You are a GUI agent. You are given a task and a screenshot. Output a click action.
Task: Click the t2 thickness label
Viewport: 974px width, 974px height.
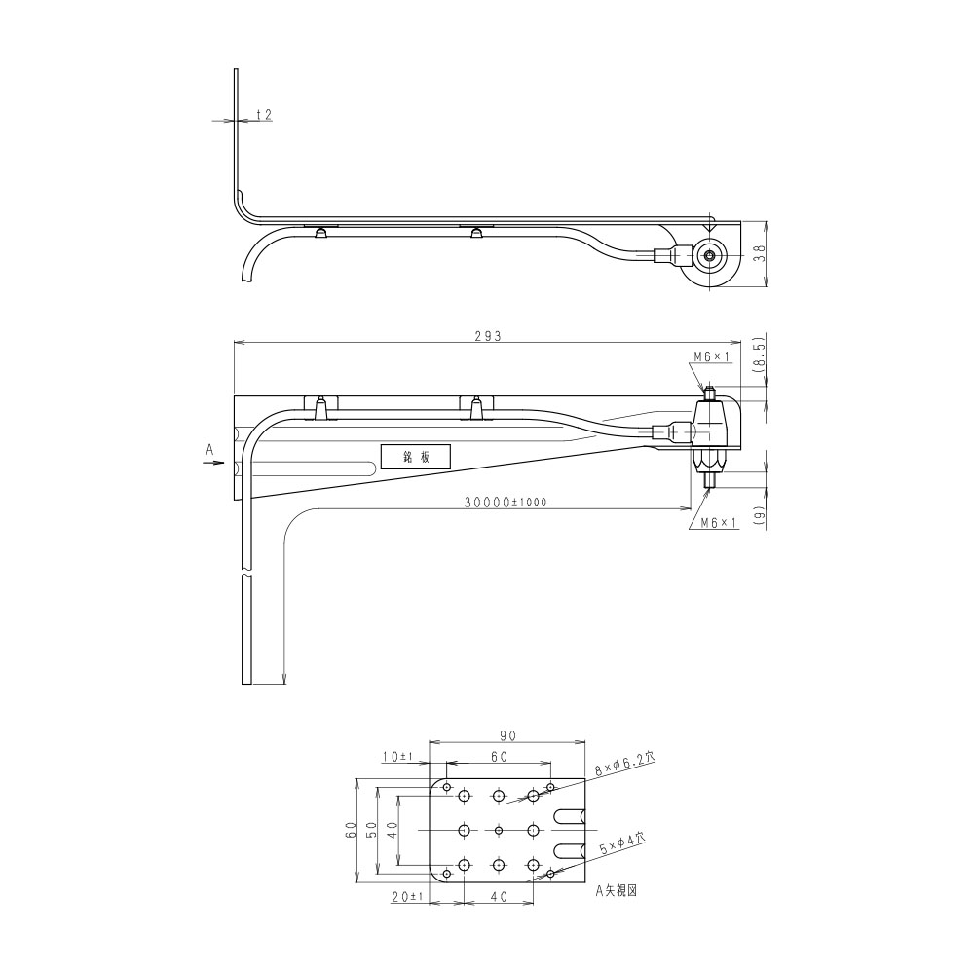(264, 115)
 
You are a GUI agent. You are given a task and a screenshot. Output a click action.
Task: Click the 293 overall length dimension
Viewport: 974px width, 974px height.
(488, 336)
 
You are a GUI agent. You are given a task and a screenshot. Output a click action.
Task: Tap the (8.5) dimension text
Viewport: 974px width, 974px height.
(759, 355)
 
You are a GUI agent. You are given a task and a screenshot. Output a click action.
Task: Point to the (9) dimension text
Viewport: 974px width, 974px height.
(759, 513)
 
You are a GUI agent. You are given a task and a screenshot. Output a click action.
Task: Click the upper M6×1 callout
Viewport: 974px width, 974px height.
(713, 356)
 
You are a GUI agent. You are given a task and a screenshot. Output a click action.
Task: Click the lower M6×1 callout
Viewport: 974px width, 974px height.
(719, 523)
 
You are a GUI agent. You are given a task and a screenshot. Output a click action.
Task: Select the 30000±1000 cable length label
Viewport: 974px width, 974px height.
(506, 502)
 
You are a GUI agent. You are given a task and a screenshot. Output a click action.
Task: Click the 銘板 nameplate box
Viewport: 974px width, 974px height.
(416, 457)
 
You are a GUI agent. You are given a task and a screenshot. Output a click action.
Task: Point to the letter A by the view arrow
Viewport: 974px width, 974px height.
(209, 450)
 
